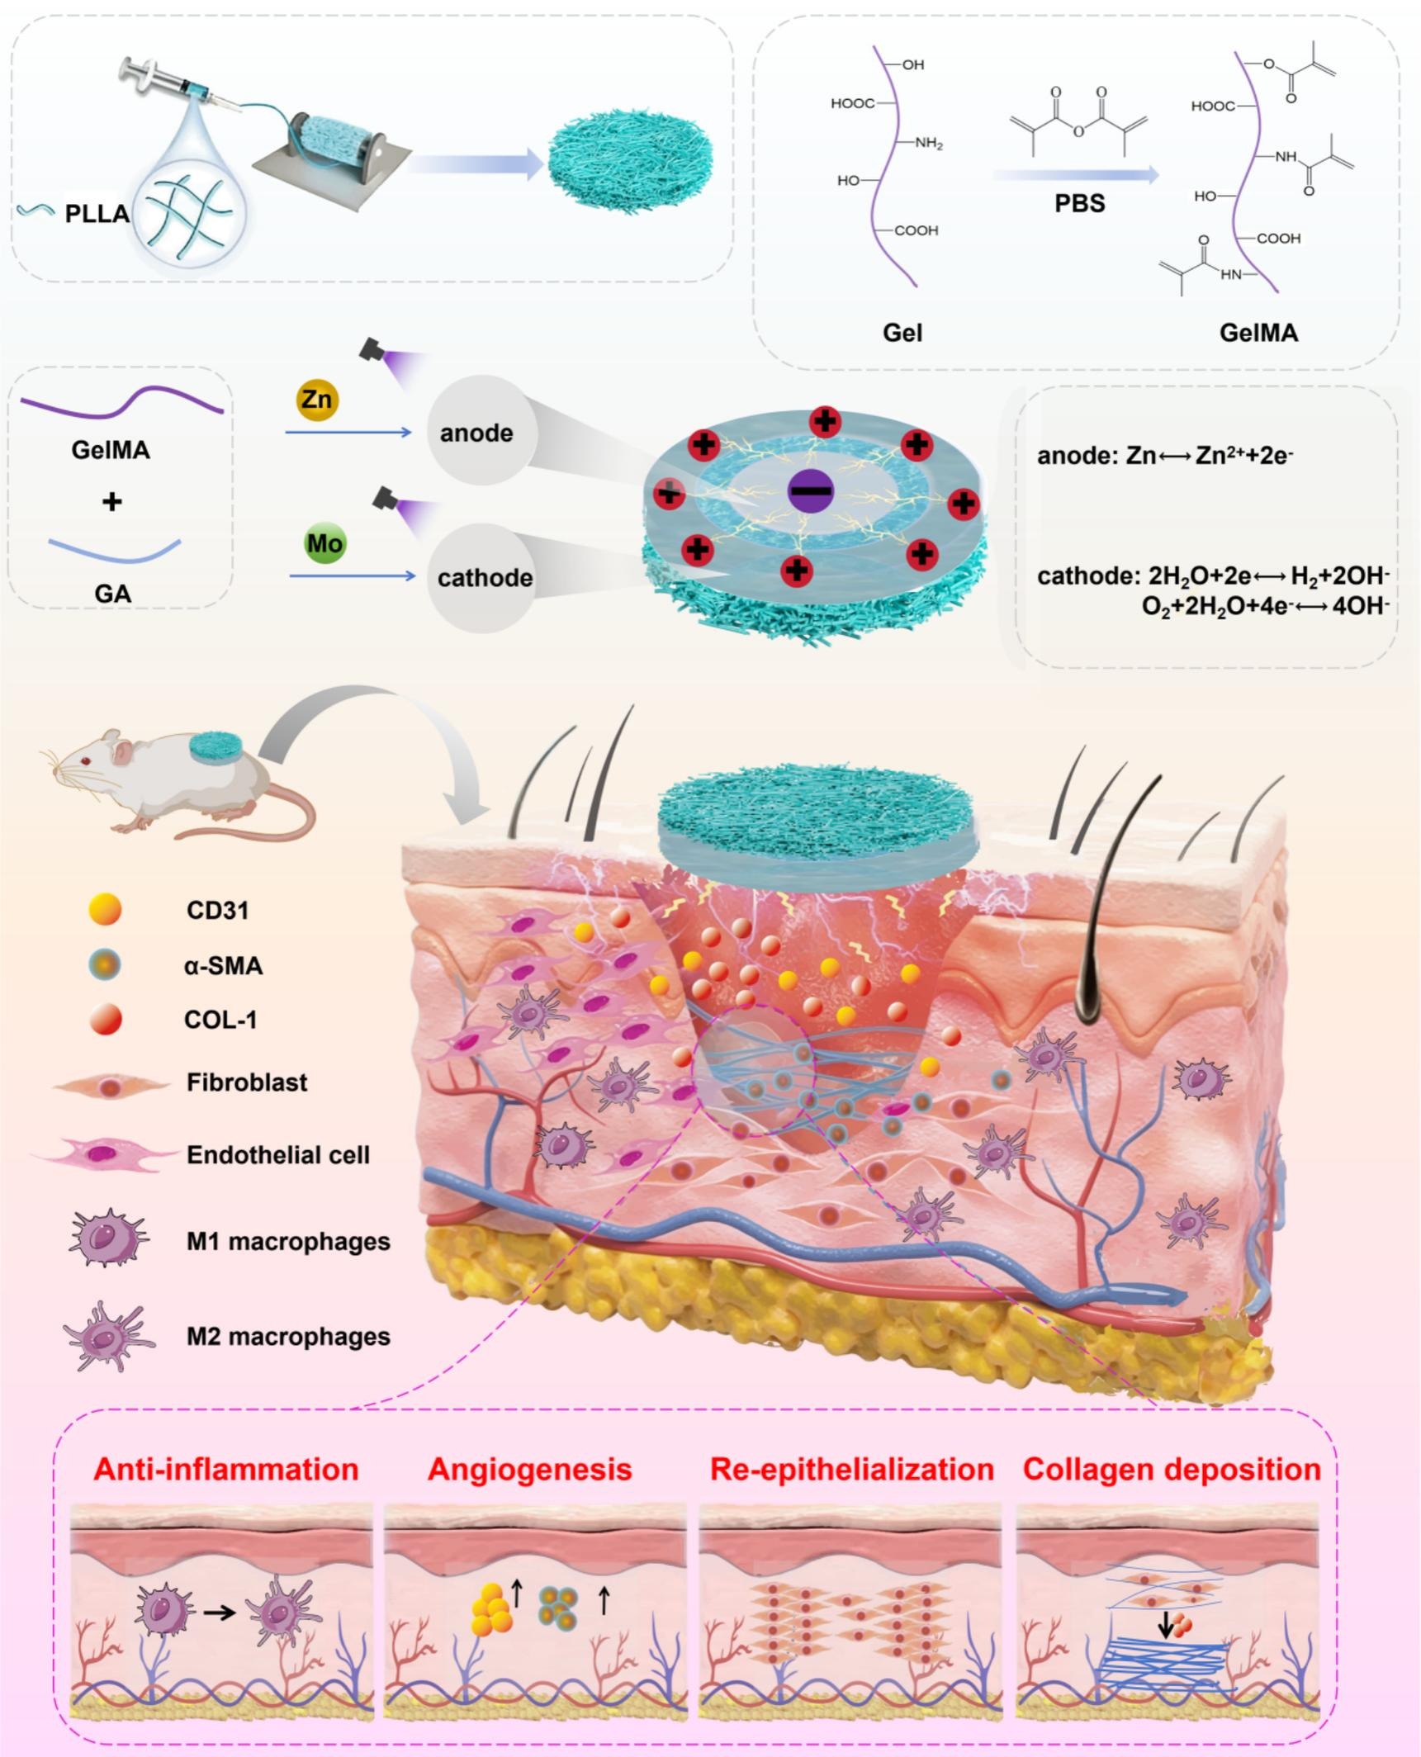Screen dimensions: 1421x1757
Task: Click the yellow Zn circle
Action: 317,400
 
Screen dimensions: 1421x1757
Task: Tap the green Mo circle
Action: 324,544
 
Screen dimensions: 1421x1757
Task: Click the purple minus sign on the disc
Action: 811,491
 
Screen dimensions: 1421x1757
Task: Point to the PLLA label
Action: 97,214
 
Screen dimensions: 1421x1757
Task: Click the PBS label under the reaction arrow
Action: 1079,204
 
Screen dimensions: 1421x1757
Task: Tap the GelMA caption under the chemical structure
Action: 1258,333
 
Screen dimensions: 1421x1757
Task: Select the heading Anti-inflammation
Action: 226,1469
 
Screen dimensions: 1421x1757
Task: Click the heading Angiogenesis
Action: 530,1470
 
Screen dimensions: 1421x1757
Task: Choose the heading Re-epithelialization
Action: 852,1469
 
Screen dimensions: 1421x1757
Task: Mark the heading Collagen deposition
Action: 1172,1469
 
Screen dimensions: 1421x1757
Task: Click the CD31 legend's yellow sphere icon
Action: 105,909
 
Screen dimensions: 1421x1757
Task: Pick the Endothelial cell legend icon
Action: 103,1153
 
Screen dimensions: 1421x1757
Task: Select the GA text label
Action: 112,594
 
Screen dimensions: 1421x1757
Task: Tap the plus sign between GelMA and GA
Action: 111,501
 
